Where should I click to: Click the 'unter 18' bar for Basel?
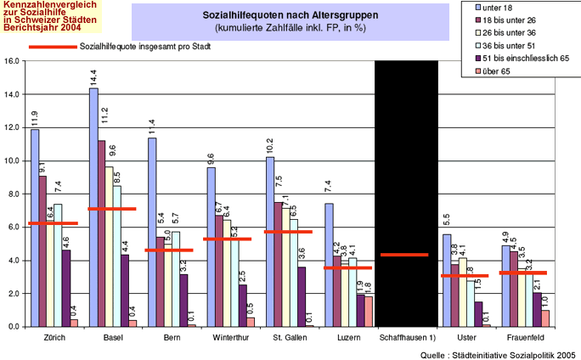click(93, 207)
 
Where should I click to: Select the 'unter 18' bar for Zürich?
click(35, 228)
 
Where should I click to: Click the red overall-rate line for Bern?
click(170, 250)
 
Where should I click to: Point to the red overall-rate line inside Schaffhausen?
click(404, 255)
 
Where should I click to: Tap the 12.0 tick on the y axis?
click(12, 127)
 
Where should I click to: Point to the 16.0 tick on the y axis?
click(12, 61)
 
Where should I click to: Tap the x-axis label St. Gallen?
click(288, 338)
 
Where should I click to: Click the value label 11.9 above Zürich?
click(35, 117)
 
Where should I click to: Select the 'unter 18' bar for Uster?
click(446, 280)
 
